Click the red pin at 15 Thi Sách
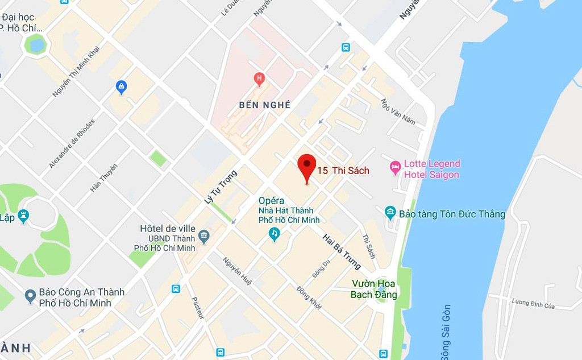pos(307,164)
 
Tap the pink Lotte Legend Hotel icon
pos(395,168)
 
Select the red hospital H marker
pos(259,78)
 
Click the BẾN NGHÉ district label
pos(265,105)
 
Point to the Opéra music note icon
pos(275,233)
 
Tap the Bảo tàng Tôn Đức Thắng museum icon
pos(390,213)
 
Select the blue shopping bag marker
pos(120,86)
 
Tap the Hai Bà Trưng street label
pos(342,251)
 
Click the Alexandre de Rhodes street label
pos(72,143)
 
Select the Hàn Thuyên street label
pos(103,178)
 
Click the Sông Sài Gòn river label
pos(446,332)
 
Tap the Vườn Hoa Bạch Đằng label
pos(373,289)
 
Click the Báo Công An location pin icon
pos(31,296)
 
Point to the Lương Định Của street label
pos(533,304)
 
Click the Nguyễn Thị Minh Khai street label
pos(76,71)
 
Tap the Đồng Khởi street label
pos(309,297)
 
